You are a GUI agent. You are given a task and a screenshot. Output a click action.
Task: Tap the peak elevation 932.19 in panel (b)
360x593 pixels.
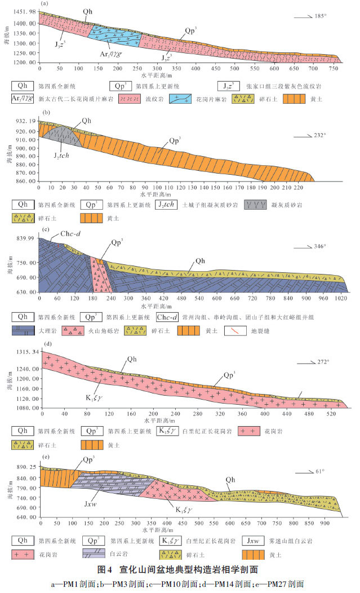(25, 121)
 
